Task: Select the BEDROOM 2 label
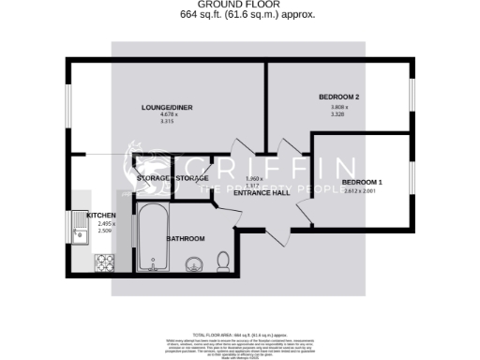click(338, 97)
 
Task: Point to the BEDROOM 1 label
click(361, 182)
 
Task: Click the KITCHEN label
click(100, 215)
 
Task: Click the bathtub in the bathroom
click(152, 238)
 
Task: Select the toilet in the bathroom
click(223, 261)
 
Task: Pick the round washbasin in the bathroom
click(195, 264)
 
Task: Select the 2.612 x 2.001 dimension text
click(361, 192)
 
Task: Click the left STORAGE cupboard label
click(153, 178)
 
